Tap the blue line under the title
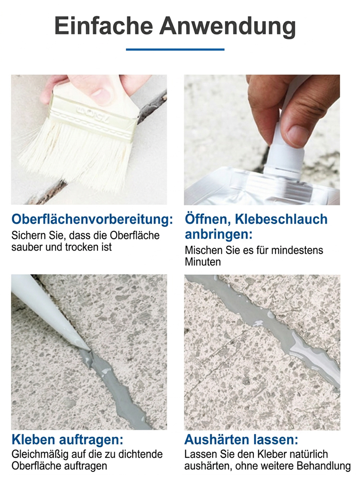[175, 49]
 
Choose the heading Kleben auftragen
[68, 440]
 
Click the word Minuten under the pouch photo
[203, 262]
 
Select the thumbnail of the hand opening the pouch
[262, 139]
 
